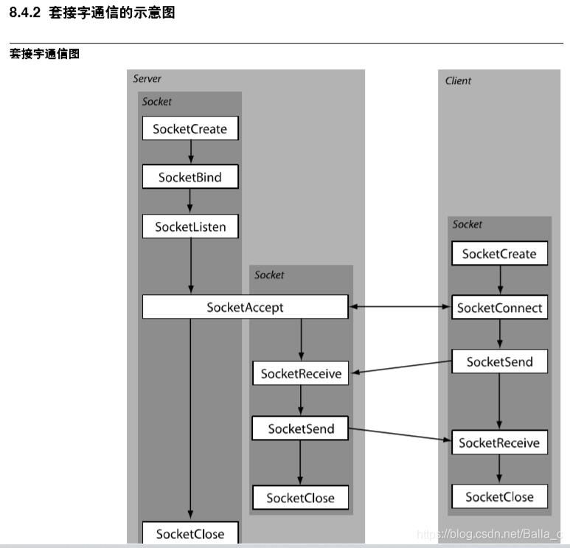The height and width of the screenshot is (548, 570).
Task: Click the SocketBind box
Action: (x=190, y=177)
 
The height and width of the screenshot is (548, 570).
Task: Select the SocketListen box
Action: (x=190, y=226)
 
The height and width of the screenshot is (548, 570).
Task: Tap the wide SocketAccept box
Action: (x=245, y=307)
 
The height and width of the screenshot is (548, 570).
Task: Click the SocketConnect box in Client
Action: (x=499, y=308)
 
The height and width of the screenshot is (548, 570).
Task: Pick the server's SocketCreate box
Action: (x=190, y=129)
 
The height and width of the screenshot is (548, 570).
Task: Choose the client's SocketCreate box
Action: (x=499, y=254)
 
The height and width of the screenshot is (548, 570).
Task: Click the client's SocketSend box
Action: (x=499, y=361)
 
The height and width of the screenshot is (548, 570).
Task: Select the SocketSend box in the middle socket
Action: (x=301, y=429)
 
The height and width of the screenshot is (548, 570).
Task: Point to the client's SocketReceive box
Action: (x=499, y=443)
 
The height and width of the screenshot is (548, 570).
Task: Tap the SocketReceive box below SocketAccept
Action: (x=301, y=374)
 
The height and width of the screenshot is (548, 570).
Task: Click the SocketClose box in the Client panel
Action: (x=499, y=496)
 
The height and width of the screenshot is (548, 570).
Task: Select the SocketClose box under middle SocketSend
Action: (x=300, y=498)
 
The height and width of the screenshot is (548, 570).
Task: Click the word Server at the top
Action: (x=147, y=78)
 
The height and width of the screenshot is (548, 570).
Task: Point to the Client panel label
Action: (x=458, y=80)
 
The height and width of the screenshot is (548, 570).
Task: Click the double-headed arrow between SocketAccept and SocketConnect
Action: (x=399, y=307)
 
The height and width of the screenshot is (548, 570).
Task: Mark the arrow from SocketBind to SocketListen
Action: (x=190, y=201)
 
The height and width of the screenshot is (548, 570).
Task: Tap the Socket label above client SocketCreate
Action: (x=467, y=224)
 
